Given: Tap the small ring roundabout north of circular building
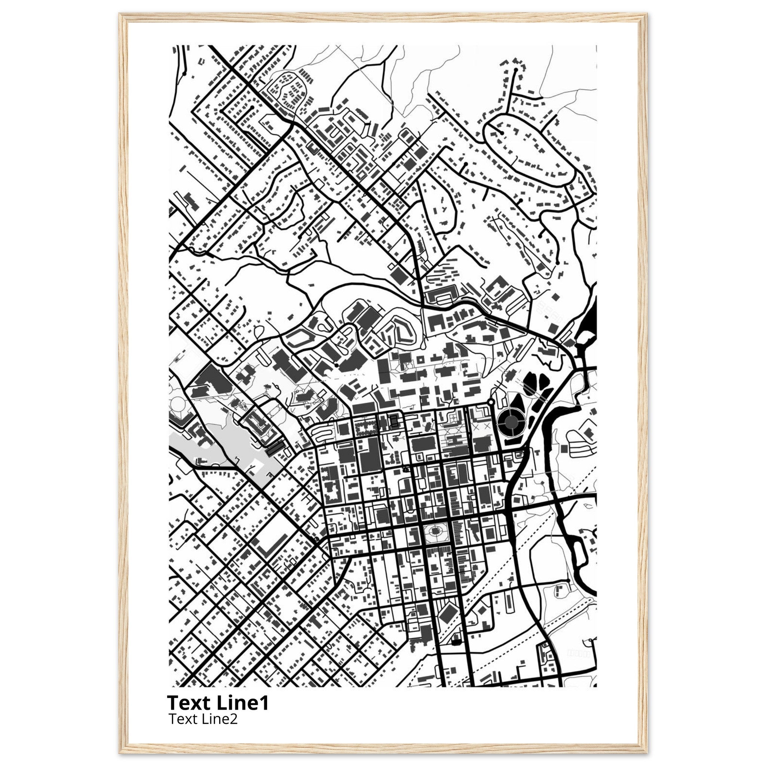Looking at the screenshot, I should (x=491, y=402).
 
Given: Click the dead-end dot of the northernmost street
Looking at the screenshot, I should (x=515, y=70).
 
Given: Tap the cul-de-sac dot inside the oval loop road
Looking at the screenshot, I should (x=502, y=133).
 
